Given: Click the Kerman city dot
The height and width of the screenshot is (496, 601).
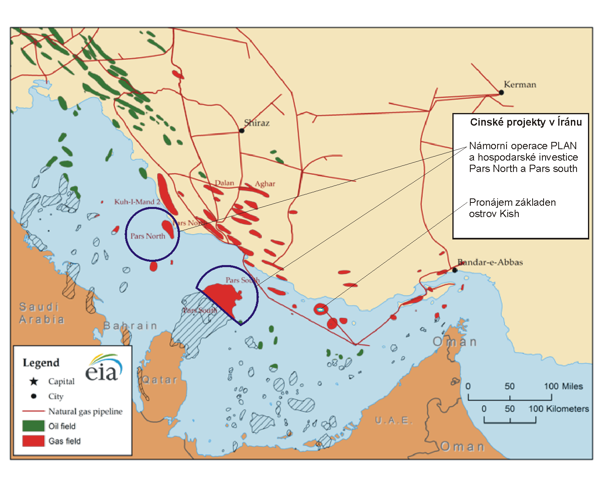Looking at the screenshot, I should [x=501, y=92].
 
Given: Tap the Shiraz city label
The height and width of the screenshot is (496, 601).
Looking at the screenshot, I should [x=257, y=123].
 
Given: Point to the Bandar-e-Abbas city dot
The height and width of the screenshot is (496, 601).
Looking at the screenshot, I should [x=455, y=270].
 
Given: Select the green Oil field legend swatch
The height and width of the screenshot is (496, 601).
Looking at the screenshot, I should [x=33, y=426].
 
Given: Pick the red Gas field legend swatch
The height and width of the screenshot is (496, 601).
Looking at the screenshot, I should [x=33, y=441].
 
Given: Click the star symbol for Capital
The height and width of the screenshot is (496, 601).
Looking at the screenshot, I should [x=34, y=381].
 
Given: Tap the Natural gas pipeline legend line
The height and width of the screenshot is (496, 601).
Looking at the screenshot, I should [x=33, y=411].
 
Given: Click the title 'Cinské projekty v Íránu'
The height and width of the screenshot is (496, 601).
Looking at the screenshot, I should [x=526, y=122].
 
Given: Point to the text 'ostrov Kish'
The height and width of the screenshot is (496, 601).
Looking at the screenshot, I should [x=494, y=214].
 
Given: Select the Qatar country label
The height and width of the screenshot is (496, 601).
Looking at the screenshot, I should [x=160, y=380].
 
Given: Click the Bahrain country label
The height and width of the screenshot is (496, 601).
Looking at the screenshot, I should [x=130, y=326].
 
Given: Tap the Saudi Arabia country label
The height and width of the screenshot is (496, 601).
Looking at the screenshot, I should [x=42, y=313].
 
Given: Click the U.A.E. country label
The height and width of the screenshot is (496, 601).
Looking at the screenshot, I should [x=394, y=420].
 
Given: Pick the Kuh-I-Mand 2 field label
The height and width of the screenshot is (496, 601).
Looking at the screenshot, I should [x=137, y=202].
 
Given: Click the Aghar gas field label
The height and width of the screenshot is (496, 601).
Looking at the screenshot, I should [x=265, y=184].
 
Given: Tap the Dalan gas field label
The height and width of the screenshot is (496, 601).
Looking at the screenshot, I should [x=224, y=183].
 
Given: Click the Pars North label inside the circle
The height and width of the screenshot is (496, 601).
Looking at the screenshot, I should [x=147, y=236].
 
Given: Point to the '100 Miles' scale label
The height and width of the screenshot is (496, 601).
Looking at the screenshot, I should [x=564, y=386].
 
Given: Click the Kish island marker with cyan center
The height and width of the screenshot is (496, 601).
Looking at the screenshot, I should [x=320, y=310].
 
